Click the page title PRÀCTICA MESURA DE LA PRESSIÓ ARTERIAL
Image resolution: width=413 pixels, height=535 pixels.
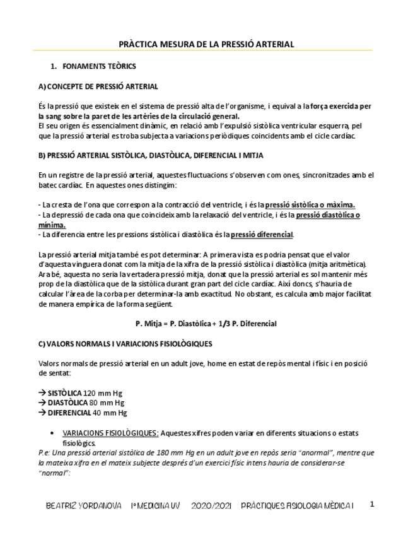pyautogui.click(x=206, y=44)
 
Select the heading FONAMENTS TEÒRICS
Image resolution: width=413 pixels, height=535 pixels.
pyautogui.click(x=99, y=66)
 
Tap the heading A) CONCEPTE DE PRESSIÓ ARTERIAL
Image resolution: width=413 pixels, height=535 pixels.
pyautogui.click(x=98, y=86)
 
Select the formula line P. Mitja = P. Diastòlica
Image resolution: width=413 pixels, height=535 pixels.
pyautogui.click(x=206, y=324)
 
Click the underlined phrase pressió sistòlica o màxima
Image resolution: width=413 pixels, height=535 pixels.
pyautogui.click(x=310, y=204)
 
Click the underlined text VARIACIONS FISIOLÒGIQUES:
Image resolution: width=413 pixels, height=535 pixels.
pyautogui.click(x=110, y=433)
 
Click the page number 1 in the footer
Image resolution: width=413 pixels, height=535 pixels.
pyautogui.click(x=372, y=505)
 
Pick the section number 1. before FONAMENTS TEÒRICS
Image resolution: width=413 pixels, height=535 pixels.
pyautogui.click(x=54, y=66)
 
